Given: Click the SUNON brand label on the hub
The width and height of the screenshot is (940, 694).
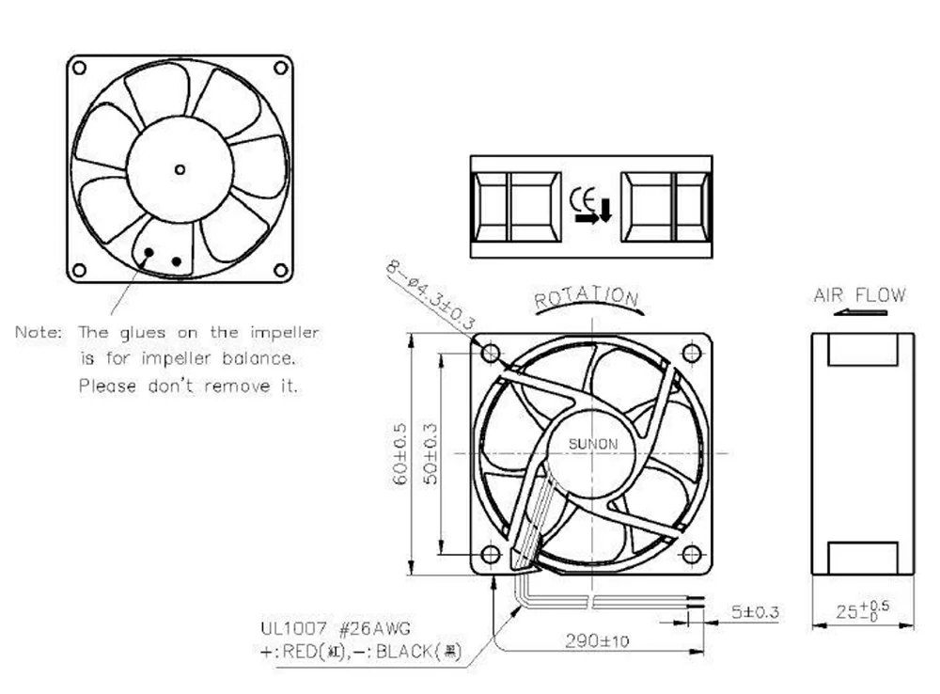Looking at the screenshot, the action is [x=592, y=444].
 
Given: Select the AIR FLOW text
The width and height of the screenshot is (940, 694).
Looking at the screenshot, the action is [x=859, y=295].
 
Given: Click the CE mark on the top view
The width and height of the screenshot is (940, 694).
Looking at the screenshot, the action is [x=582, y=199].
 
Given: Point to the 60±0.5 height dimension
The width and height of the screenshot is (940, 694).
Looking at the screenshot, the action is [x=399, y=453].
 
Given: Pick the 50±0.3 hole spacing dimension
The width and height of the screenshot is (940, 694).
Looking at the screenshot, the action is [x=431, y=453].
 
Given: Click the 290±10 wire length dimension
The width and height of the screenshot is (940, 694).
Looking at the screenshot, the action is [x=597, y=641].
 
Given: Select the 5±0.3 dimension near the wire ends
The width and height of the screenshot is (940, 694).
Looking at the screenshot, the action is [x=755, y=612].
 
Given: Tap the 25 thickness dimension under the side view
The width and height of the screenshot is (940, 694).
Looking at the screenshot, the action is [x=863, y=610].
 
